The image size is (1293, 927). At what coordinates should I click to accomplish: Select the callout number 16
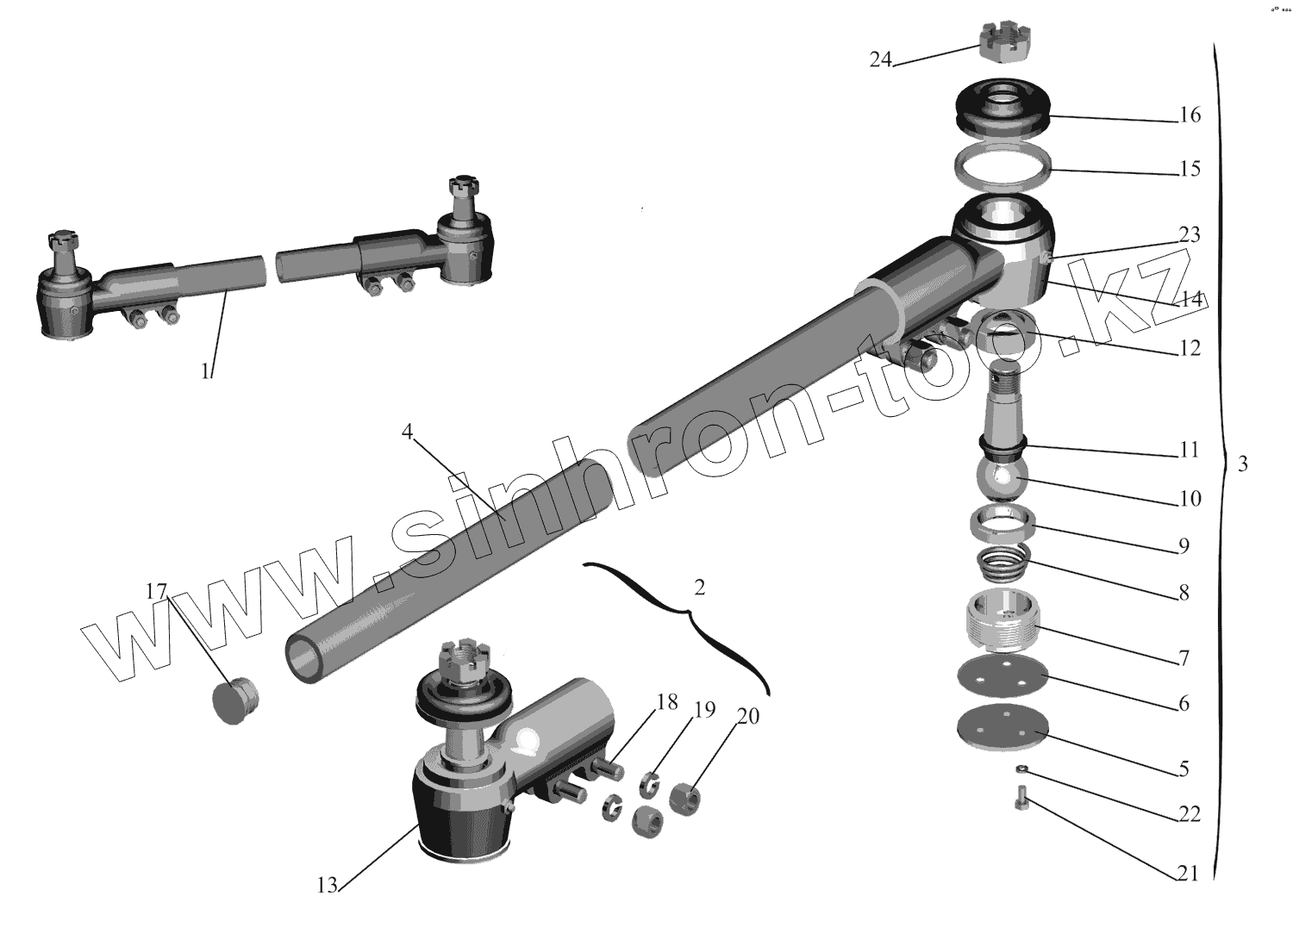(1190, 115)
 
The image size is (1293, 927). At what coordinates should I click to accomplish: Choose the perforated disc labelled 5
(1002, 730)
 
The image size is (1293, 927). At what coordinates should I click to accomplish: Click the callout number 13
(326, 885)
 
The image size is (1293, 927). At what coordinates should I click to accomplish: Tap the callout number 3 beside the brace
(1242, 463)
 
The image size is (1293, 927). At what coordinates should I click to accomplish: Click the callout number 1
(205, 371)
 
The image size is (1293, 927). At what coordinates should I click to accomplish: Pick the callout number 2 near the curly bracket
(699, 588)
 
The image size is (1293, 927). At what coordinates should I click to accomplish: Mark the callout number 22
(1190, 814)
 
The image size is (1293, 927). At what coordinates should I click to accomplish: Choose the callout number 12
(1190, 349)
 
